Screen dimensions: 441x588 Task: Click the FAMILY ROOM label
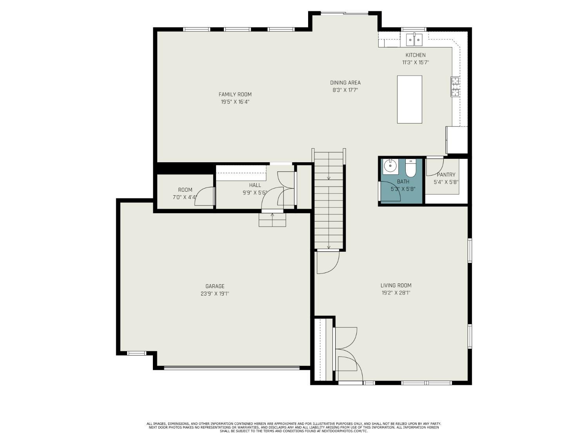click(235, 94)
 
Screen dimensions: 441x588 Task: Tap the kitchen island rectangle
click(409, 100)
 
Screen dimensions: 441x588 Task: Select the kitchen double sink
click(414, 39)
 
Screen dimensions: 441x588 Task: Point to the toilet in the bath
click(410, 168)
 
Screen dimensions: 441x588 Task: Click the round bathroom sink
click(390, 166)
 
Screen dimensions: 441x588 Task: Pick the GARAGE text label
click(215, 286)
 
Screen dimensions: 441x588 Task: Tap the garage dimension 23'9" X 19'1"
click(215, 294)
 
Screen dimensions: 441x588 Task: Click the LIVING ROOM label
click(396, 285)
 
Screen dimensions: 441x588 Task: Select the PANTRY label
click(446, 175)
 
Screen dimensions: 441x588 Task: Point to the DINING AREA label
click(345, 83)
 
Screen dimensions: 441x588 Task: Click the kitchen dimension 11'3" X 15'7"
click(415, 62)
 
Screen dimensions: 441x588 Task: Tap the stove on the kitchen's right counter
click(456, 87)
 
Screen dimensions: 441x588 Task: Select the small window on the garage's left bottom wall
click(136, 353)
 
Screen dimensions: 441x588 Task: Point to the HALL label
click(255, 185)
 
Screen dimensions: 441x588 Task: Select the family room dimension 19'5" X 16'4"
click(235, 102)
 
